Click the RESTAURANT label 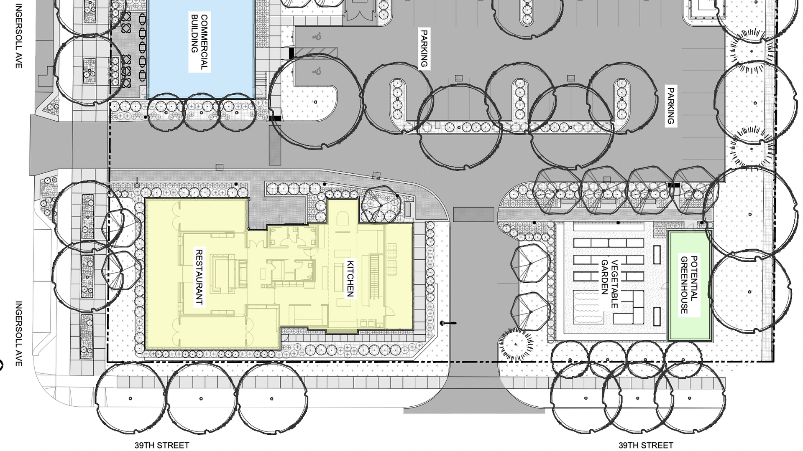(x=199, y=277)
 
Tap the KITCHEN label (x=350, y=279)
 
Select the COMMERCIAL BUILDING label (x=199, y=43)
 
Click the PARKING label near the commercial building (x=424, y=48)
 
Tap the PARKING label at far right (x=670, y=106)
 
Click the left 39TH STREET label (x=161, y=445)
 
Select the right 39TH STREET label (x=646, y=445)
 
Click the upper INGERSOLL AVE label (x=18, y=36)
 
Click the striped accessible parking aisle (x=316, y=52)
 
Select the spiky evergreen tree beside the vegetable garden (x=516, y=345)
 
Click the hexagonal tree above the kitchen (x=381, y=205)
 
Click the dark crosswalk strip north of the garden (x=473, y=214)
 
